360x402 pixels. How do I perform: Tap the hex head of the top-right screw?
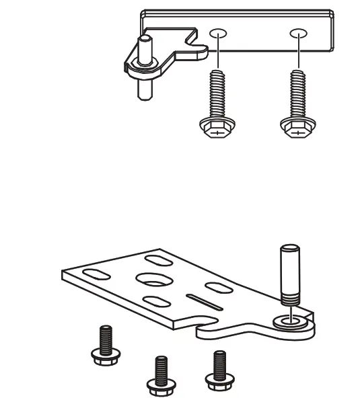(296, 128)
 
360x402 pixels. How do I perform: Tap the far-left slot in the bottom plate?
(94, 274)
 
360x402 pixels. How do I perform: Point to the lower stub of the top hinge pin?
(143, 88)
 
